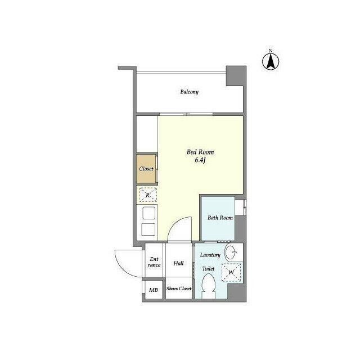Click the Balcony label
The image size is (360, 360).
(x=189, y=92)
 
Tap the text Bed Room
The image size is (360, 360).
(x=200, y=152)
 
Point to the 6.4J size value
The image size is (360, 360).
(x=200, y=160)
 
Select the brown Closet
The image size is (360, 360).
(x=146, y=169)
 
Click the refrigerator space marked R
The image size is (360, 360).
(x=148, y=195)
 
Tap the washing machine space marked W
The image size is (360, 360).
(x=231, y=272)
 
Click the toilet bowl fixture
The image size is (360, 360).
(x=209, y=286)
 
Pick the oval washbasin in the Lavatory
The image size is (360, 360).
(x=230, y=252)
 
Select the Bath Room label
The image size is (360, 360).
(x=220, y=218)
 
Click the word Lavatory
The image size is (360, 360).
(x=210, y=255)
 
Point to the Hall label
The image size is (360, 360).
(x=178, y=263)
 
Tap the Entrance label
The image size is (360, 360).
(x=154, y=262)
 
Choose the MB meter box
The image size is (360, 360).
(x=154, y=290)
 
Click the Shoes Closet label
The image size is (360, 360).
(x=179, y=289)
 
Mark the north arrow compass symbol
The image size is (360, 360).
(x=271, y=61)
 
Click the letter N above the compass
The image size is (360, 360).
(x=271, y=51)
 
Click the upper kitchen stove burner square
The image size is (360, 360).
(x=148, y=213)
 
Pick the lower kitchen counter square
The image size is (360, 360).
(x=148, y=229)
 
